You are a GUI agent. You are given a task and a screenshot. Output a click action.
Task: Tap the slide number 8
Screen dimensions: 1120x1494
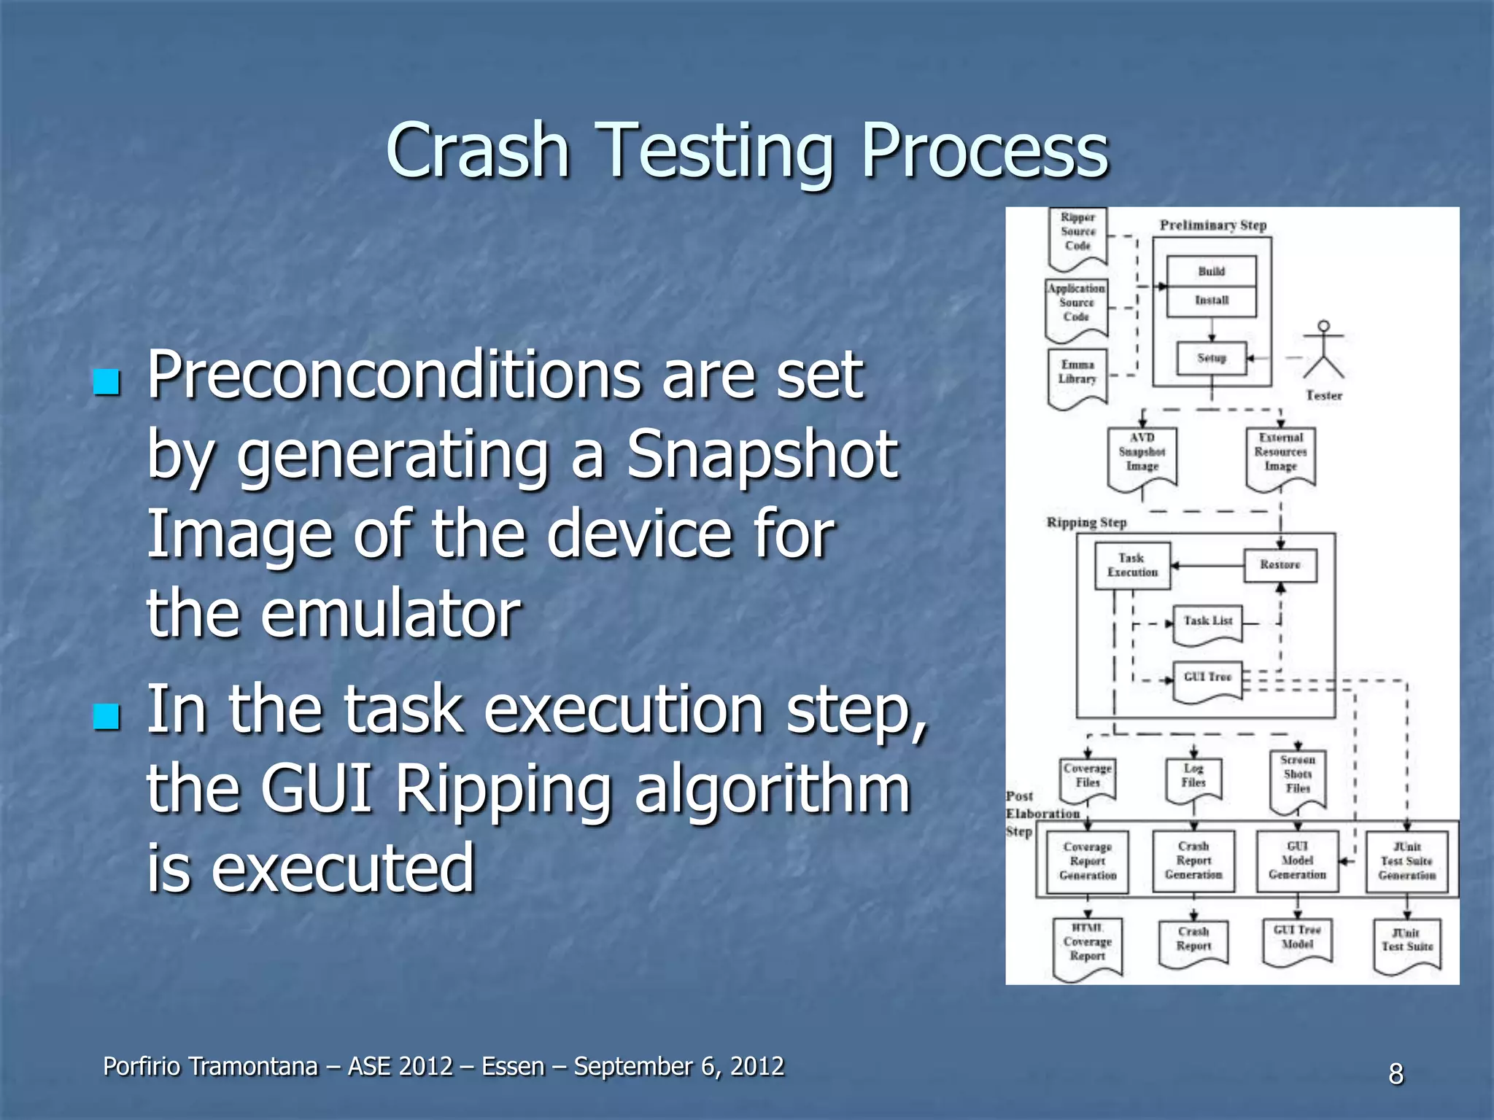tap(1396, 1073)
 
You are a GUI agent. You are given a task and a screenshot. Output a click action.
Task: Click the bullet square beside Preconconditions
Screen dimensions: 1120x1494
tap(107, 381)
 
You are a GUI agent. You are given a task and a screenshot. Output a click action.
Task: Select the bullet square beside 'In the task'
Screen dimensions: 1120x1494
tap(107, 716)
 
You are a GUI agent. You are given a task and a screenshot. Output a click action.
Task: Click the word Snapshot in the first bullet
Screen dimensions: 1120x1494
tap(762, 455)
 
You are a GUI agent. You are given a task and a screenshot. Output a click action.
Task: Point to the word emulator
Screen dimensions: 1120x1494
tap(390, 612)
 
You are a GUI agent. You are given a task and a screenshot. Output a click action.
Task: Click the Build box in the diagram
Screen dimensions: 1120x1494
tap(1211, 271)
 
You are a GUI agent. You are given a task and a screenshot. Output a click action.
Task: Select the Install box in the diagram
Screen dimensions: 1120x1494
tap(1211, 300)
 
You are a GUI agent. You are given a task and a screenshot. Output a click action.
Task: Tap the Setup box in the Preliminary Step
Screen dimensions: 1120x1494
tap(1211, 358)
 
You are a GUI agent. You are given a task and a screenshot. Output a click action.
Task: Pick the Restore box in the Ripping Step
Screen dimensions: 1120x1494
tap(1280, 565)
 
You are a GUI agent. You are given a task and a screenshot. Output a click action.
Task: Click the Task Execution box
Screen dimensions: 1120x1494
tap(1132, 565)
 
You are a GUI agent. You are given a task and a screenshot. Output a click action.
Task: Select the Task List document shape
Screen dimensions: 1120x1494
tap(1207, 623)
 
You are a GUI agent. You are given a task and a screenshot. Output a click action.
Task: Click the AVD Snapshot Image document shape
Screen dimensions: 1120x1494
tap(1142, 456)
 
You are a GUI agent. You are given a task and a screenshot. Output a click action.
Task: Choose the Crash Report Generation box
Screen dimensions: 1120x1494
tap(1193, 860)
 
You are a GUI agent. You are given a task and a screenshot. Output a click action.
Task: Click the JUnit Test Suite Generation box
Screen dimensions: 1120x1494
tap(1406, 861)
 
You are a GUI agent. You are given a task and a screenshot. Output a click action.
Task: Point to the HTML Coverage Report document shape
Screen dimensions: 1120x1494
tap(1087, 945)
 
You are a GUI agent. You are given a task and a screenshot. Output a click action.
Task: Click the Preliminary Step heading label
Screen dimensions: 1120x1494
tap(1212, 225)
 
